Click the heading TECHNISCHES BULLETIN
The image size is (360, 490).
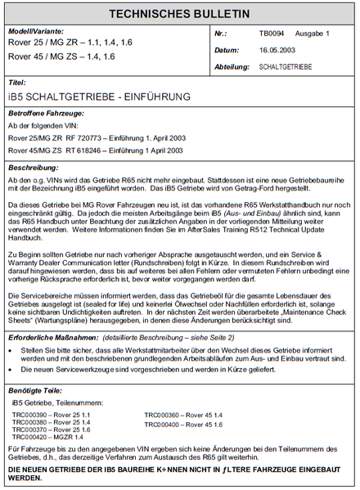pos(180,14)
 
